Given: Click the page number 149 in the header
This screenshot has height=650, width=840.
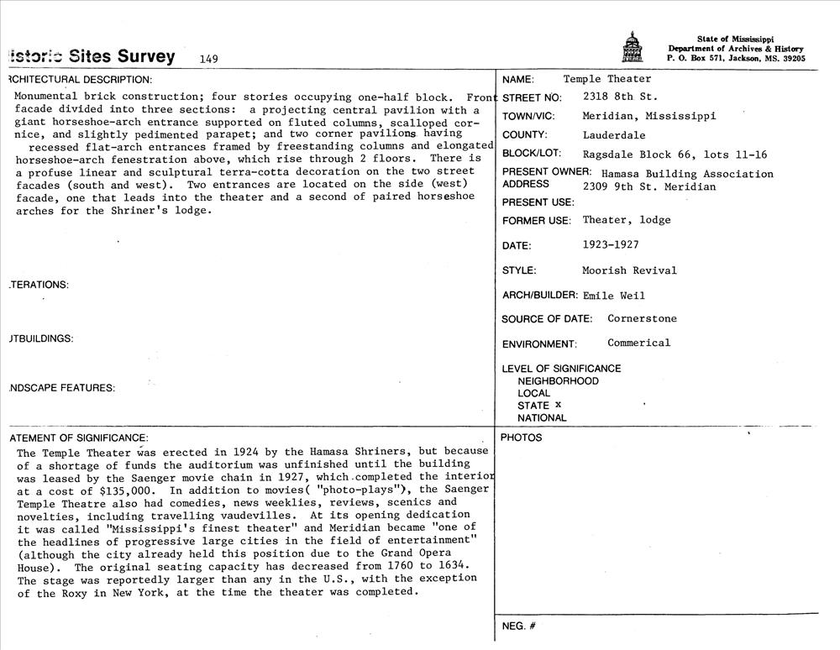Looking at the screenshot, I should click(x=209, y=59).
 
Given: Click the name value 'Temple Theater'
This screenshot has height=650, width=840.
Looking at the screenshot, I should click(x=606, y=79).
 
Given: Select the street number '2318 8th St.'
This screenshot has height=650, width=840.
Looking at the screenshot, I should click(x=620, y=97).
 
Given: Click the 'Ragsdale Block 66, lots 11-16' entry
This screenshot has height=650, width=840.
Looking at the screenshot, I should click(x=675, y=155).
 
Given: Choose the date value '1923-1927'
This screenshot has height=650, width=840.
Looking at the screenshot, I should click(x=611, y=245).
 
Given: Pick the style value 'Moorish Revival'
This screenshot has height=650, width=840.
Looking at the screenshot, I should click(x=629, y=270).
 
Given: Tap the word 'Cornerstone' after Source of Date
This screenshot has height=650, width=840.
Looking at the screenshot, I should click(x=642, y=319).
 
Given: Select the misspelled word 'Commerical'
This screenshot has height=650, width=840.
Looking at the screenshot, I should click(x=639, y=343).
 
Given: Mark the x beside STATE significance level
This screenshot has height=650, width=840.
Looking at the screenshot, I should click(x=557, y=405).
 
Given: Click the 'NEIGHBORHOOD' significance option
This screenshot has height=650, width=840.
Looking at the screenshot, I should click(x=558, y=381).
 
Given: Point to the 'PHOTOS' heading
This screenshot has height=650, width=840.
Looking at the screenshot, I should click(x=521, y=438).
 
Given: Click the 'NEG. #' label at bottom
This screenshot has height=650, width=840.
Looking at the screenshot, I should click(x=519, y=626).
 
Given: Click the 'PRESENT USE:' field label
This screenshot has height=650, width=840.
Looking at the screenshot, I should click(x=538, y=202).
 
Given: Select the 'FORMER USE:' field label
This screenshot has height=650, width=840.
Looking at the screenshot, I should click(x=537, y=221).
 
